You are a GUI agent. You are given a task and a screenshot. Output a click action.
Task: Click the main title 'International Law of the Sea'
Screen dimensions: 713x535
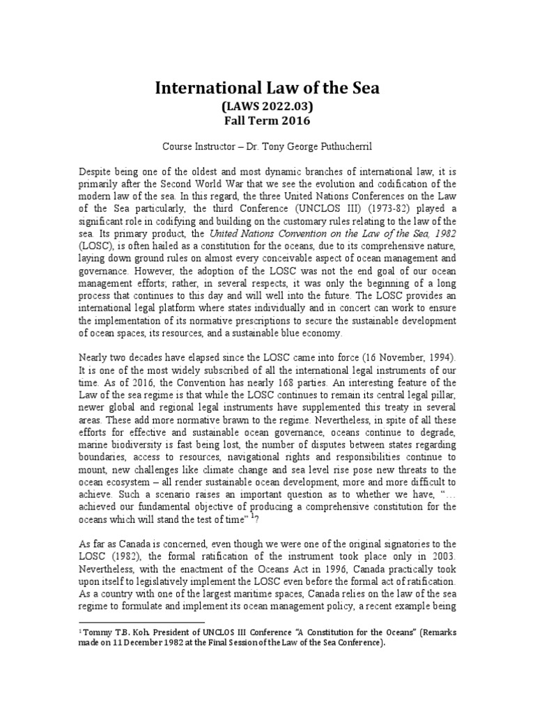tap(267, 88)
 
